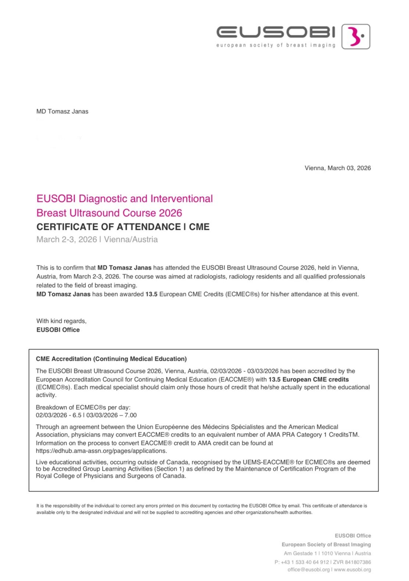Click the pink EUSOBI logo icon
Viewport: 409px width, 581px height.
[x=355, y=37]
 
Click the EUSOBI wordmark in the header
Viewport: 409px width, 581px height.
[x=276, y=32]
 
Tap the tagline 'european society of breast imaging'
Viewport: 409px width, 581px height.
[x=276, y=45]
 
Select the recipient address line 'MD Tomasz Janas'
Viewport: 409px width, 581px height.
[x=62, y=111]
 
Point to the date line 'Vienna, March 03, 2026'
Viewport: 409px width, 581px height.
[x=337, y=168]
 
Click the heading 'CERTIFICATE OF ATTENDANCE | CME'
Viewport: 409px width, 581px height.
[x=123, y=227]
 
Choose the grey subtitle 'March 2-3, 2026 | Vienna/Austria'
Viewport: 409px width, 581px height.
[x=97, y=239]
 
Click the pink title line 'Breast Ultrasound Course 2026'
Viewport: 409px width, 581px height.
[x=109, y=213]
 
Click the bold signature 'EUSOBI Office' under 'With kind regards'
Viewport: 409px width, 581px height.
[x=58, y=330]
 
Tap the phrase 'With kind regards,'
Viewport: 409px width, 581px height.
[x=61, y=321]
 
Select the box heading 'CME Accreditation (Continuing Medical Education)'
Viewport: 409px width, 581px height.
[x=111, y=359]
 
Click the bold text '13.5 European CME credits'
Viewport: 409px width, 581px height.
[x=308, y=379]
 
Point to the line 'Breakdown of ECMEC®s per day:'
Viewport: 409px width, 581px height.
[x=83, y=407]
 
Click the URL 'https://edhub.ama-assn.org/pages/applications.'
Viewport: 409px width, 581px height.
[x=101, y=451]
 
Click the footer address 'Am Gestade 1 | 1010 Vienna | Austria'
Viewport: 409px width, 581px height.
[x=327, y=553]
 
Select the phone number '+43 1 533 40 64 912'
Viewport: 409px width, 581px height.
[x=305, y=562]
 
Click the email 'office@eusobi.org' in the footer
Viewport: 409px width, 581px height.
[x=308, y=570]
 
